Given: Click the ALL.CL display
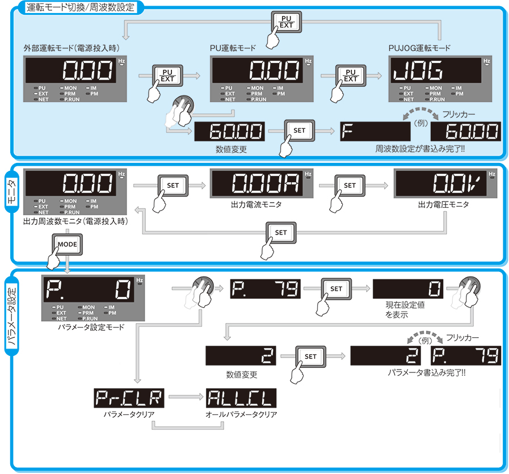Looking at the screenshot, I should (x=241, y=399).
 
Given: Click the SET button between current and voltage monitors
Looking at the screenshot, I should (x=350, y=185).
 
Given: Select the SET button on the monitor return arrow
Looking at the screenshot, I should (x=281, y=232).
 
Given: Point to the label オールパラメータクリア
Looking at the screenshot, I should (x=241, y=415).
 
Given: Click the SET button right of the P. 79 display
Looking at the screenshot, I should (x=336, y=288).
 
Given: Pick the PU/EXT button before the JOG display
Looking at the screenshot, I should (x=351, y=75).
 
